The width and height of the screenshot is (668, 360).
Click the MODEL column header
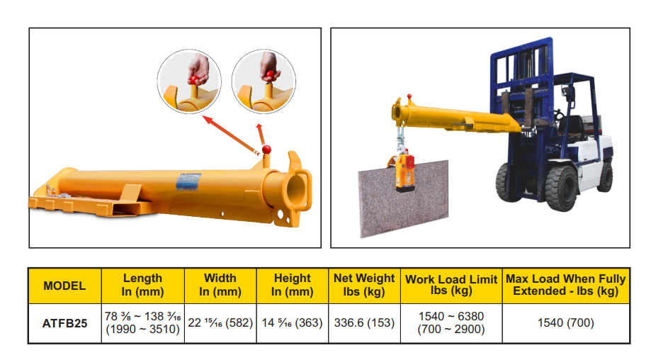click(x=64, y=286)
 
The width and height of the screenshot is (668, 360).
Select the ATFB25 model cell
click(x=64, y=323)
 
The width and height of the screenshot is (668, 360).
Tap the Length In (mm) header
click(x=142, y=285)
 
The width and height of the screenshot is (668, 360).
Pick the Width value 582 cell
click(x=220, y=323)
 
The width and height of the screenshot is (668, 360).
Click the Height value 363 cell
click(x=292, y=323)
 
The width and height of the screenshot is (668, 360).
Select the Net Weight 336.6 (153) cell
click(x=364, y=323)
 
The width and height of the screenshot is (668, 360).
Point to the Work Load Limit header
click(x=451, y=285)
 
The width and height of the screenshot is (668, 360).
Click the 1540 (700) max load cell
click(x=565, y=323)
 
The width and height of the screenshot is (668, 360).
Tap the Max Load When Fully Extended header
click(x=565, y=285)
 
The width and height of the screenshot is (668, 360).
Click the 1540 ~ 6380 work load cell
click(x=451, y=323)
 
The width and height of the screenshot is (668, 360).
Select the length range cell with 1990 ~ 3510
click(x=142, y=323)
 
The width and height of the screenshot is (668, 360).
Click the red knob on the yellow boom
click(x=267, y=150)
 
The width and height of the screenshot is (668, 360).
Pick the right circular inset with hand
click(x=264, y=81)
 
